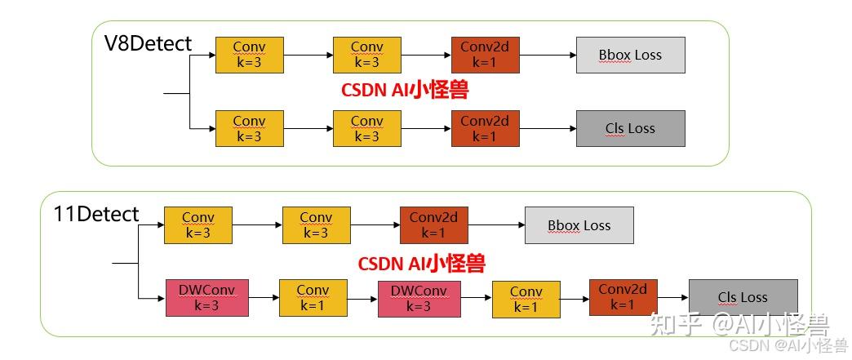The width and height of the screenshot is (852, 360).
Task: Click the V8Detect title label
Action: (x=148, y=43)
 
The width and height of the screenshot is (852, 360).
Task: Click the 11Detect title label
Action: (x=96, y=215)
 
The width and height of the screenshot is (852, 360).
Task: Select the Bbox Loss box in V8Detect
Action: (x=630, y=55)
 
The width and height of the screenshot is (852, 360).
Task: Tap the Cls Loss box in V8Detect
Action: (x=630, y=128)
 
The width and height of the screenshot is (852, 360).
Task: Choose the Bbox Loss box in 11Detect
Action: (x=579, y=225)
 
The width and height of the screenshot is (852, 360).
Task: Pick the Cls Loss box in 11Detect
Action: (x=743, y=298)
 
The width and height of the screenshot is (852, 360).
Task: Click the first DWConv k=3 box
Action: (x=206, y=298)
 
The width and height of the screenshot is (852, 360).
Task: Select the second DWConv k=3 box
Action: (x=419, y=299)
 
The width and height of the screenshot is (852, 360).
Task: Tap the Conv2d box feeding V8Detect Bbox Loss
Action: (x=484, y=55)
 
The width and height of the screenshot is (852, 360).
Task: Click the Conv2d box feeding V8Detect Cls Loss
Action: (x=484, y=128)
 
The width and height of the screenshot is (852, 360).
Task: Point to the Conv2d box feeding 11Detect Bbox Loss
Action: (x=433, y=225)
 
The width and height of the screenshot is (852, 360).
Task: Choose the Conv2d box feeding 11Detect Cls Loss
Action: (x=623, y=297)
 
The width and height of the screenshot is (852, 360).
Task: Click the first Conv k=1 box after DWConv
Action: (x=313, y=298)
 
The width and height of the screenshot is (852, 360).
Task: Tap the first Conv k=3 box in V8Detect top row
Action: (x=249, y=55)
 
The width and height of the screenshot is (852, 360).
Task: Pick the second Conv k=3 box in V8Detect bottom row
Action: (x=366, y=128)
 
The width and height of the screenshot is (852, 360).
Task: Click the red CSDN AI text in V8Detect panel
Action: (x=405, y=90)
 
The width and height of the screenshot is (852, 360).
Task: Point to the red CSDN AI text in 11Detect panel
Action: (x=421, y=263)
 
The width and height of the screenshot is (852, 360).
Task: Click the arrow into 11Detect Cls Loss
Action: (x=673, y=298)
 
